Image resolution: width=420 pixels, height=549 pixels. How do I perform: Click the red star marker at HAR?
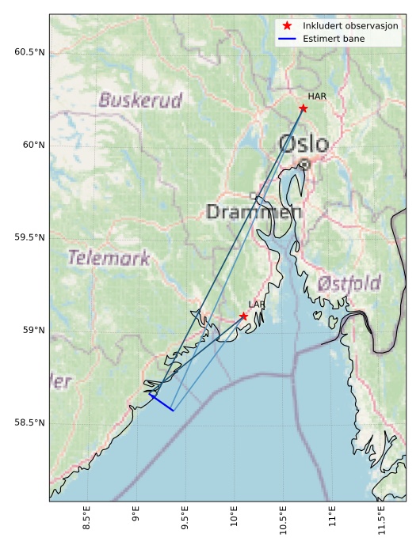tap(303, 108)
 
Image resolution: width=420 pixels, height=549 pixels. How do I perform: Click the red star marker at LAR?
tap(243, 316)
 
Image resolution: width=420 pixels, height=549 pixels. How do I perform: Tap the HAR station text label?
tap(317, 97)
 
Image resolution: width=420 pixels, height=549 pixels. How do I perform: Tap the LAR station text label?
tap(256, 305)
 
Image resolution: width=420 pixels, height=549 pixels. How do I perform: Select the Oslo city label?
tap(304, 144)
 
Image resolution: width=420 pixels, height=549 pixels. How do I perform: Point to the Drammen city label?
tap(254, 212)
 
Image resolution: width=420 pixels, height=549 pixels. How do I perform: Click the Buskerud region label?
tap(140, 100)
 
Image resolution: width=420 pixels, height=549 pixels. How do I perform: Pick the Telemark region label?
tap(109, 258)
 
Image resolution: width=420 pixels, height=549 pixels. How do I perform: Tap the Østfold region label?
tap(349, 283)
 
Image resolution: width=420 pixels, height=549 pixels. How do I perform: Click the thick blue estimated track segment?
tap(162, 403)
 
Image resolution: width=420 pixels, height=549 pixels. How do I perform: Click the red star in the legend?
tap(287, 26)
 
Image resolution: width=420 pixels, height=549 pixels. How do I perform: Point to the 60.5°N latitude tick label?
tap(30, 52)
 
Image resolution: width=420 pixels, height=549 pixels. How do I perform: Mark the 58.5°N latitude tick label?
tap(30, 422)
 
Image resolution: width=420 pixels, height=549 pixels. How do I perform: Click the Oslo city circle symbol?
tap(304, 164)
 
